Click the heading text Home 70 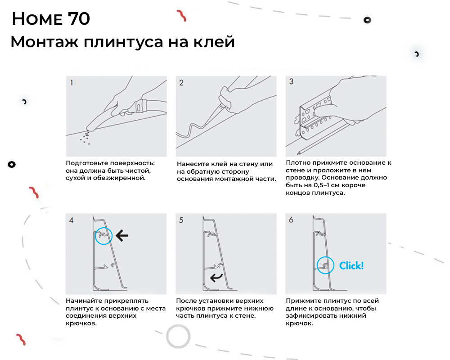[50, 19]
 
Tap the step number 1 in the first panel [72, 83]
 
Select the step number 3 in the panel [291, 82]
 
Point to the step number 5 [181, 220]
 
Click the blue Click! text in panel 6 [351, 265]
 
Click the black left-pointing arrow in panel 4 [121, 234]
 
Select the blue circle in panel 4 [103, 235]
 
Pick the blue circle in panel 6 [325, 265]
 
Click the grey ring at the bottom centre [178, 336]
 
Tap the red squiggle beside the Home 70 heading [182, 16]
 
